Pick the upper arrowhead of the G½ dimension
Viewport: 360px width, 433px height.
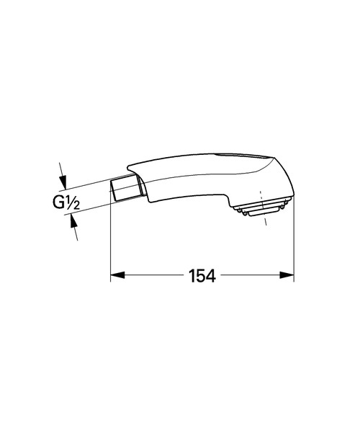click(x=63, y=179)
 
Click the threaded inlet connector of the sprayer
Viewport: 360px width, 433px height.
click(x=125, y=188)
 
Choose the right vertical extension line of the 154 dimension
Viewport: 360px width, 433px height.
click(x=294, y=238)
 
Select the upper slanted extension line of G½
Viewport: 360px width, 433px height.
click(x=86, y=181)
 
